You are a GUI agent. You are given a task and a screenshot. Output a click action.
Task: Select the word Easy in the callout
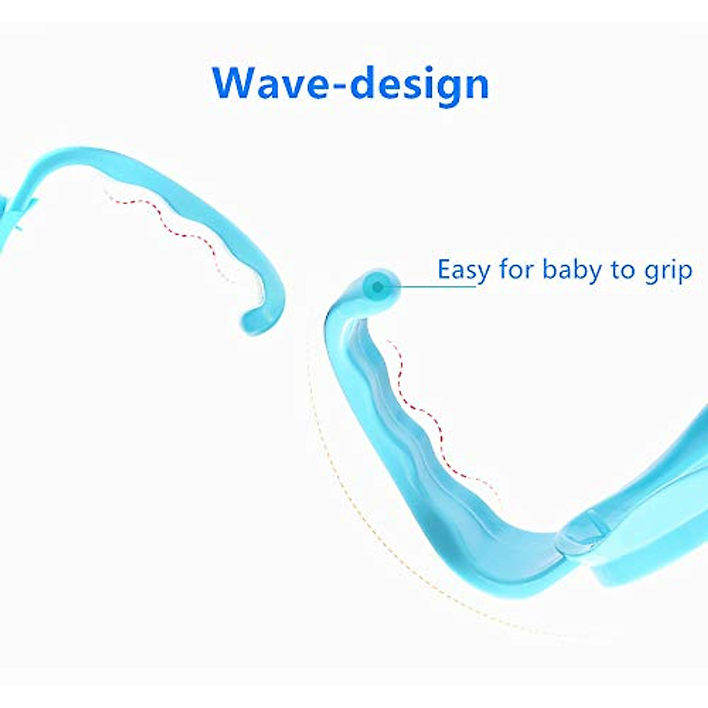click(464, 270)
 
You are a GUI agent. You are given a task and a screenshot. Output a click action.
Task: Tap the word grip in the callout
click(667, 271)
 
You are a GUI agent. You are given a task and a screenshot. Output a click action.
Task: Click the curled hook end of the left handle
click(260, 319)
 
